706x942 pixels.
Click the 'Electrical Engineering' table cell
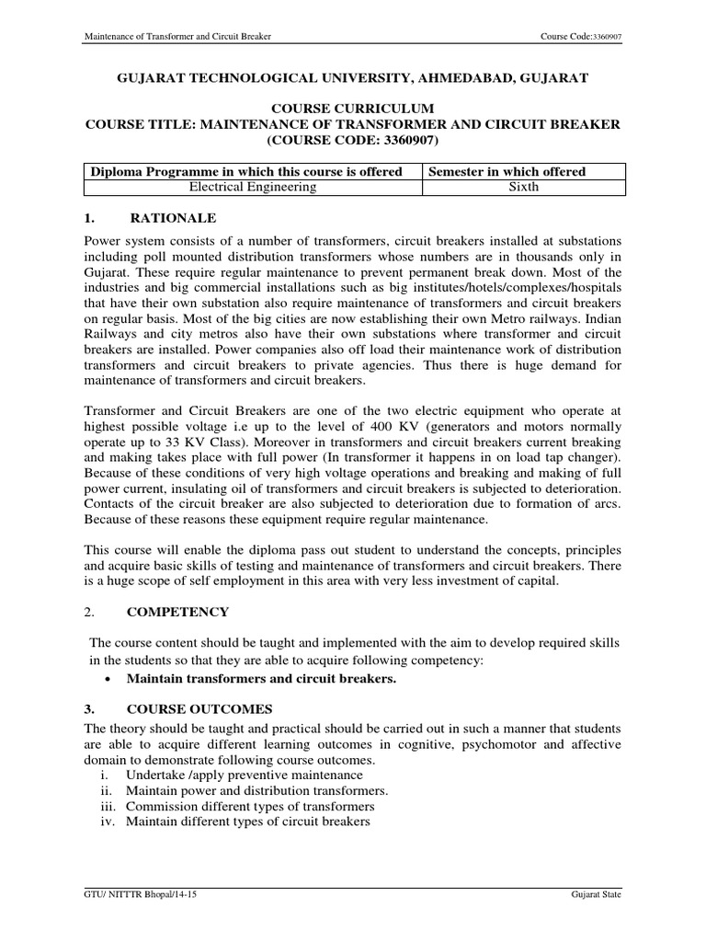(x=252, y=187)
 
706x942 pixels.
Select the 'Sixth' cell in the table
(x=523, y=187)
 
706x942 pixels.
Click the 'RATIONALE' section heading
(x=175, y=218)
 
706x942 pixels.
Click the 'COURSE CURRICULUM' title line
(x=352, y=109)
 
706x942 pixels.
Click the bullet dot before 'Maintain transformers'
(x=109, y=679)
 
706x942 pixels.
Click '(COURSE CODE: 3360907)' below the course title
(x=353, y=141)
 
